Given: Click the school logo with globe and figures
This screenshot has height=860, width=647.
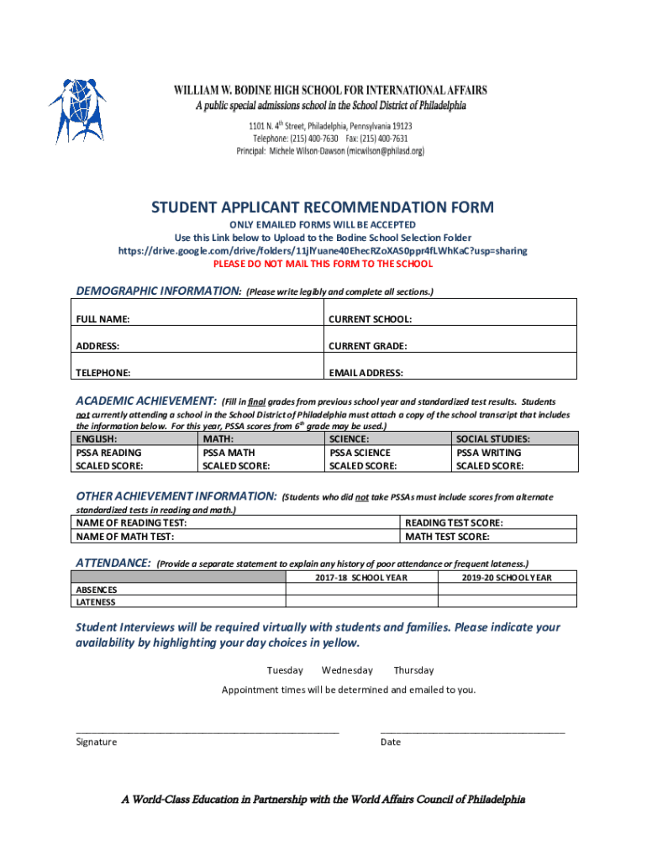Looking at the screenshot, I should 76,109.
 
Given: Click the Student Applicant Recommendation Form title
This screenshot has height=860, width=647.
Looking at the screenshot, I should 323,207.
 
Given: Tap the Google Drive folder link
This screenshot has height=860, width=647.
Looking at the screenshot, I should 323,250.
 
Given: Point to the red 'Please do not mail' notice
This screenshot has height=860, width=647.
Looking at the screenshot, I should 323,264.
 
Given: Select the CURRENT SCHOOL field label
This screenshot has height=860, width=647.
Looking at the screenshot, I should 370,319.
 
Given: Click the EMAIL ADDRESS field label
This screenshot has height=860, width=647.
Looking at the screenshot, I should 366,372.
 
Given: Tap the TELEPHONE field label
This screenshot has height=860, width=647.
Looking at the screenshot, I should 103,372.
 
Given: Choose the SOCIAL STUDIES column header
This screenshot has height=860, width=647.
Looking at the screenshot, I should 492,438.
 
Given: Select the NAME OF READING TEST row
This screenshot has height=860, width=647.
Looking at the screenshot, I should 235,522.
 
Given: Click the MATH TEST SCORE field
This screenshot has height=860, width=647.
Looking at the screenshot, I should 490,537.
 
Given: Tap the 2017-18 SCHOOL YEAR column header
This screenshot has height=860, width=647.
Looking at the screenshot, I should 361,578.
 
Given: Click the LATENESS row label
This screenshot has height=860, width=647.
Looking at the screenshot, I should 96,602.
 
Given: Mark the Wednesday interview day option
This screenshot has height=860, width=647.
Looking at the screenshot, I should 347,670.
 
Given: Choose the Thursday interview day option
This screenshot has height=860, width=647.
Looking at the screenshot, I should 413,670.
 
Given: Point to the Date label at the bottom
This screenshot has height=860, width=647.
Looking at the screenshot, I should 390,742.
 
